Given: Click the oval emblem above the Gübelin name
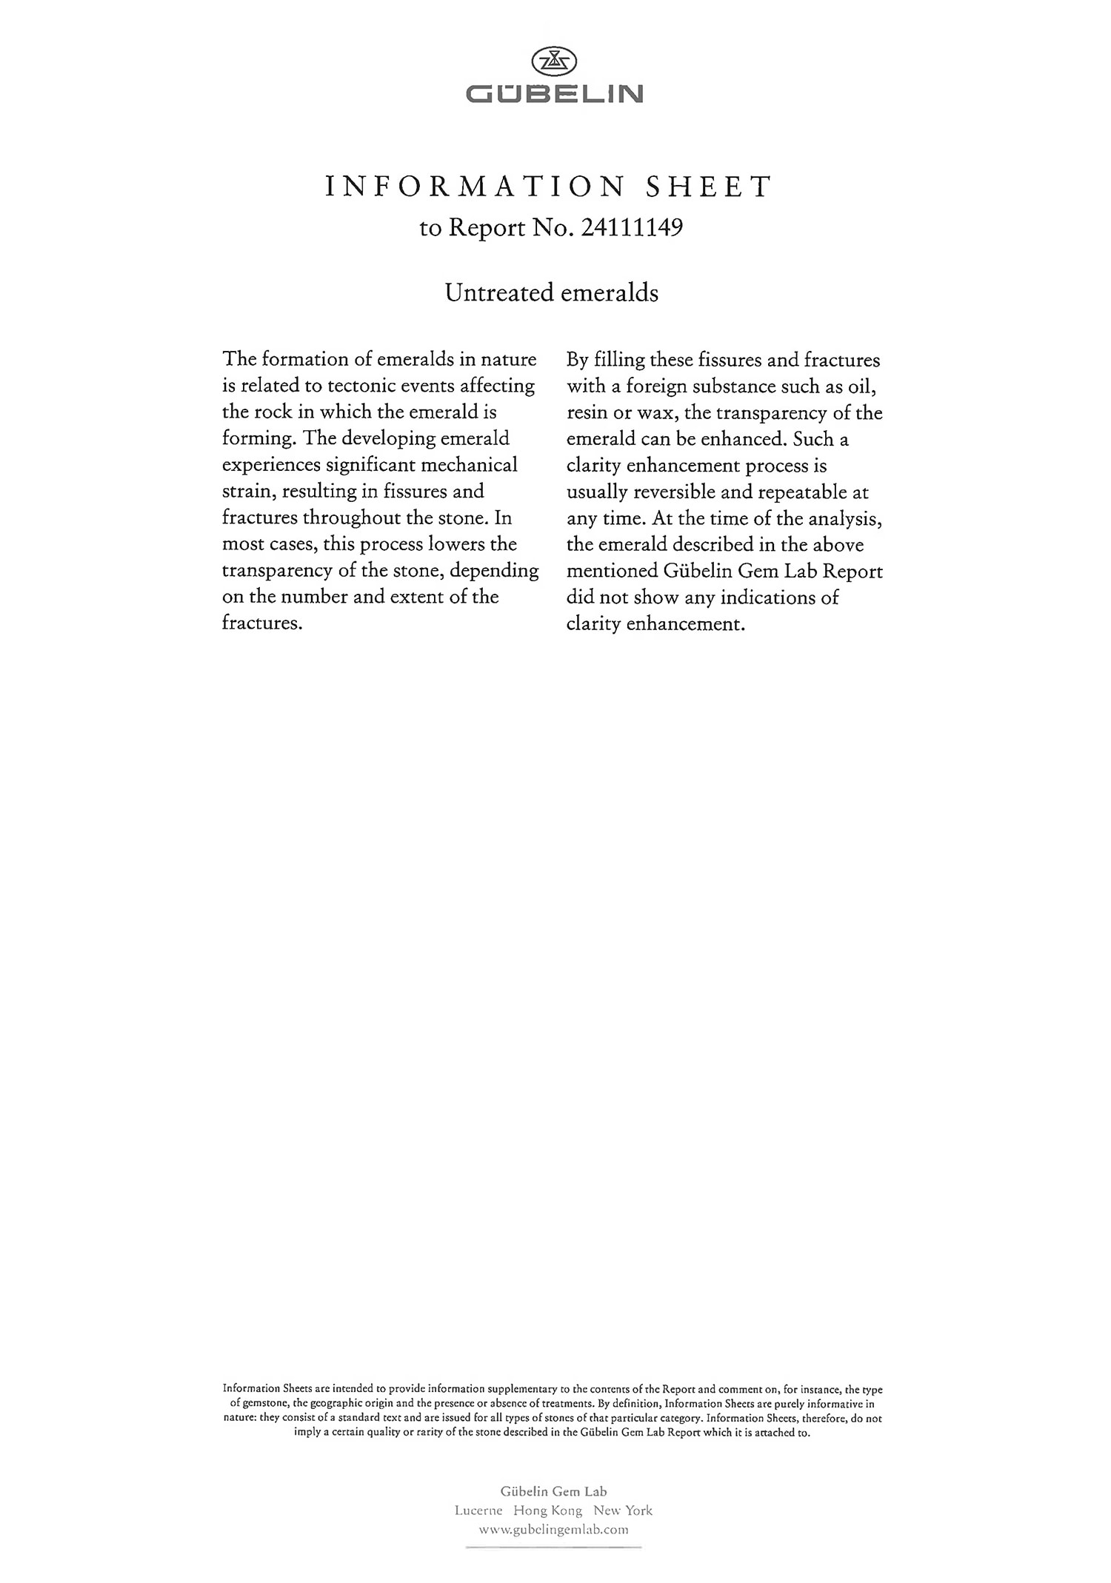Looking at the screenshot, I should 555,61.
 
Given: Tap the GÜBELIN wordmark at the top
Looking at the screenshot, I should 555,94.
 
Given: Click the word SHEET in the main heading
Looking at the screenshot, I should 709,187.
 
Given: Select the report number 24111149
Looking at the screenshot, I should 632,227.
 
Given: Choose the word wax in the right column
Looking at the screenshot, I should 655,413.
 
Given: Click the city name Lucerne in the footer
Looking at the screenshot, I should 478,1510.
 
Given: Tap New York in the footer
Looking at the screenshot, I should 623,1510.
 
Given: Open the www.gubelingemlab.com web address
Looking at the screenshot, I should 554,1529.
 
